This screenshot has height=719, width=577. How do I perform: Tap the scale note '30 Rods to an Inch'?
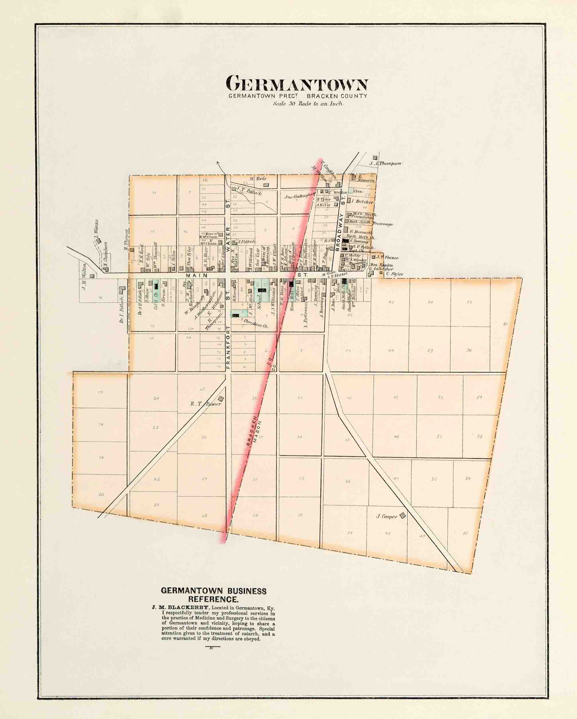click(x=308, y=103)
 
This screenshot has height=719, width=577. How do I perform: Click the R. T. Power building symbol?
click(x=221, y=398)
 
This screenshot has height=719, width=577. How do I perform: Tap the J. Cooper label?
click(x=386, y=516)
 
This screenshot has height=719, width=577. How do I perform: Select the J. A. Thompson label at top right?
click(x=385, y=163)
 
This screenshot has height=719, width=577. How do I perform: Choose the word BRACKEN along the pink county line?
click(x=250, y=431)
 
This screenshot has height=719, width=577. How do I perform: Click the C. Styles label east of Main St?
click(x=395, y=274)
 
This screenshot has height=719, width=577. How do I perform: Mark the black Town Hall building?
click(x=291, y=284)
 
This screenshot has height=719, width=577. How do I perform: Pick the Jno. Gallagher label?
click(x=299, y=197)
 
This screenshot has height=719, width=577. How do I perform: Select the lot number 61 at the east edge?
click(x=505, y=323)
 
